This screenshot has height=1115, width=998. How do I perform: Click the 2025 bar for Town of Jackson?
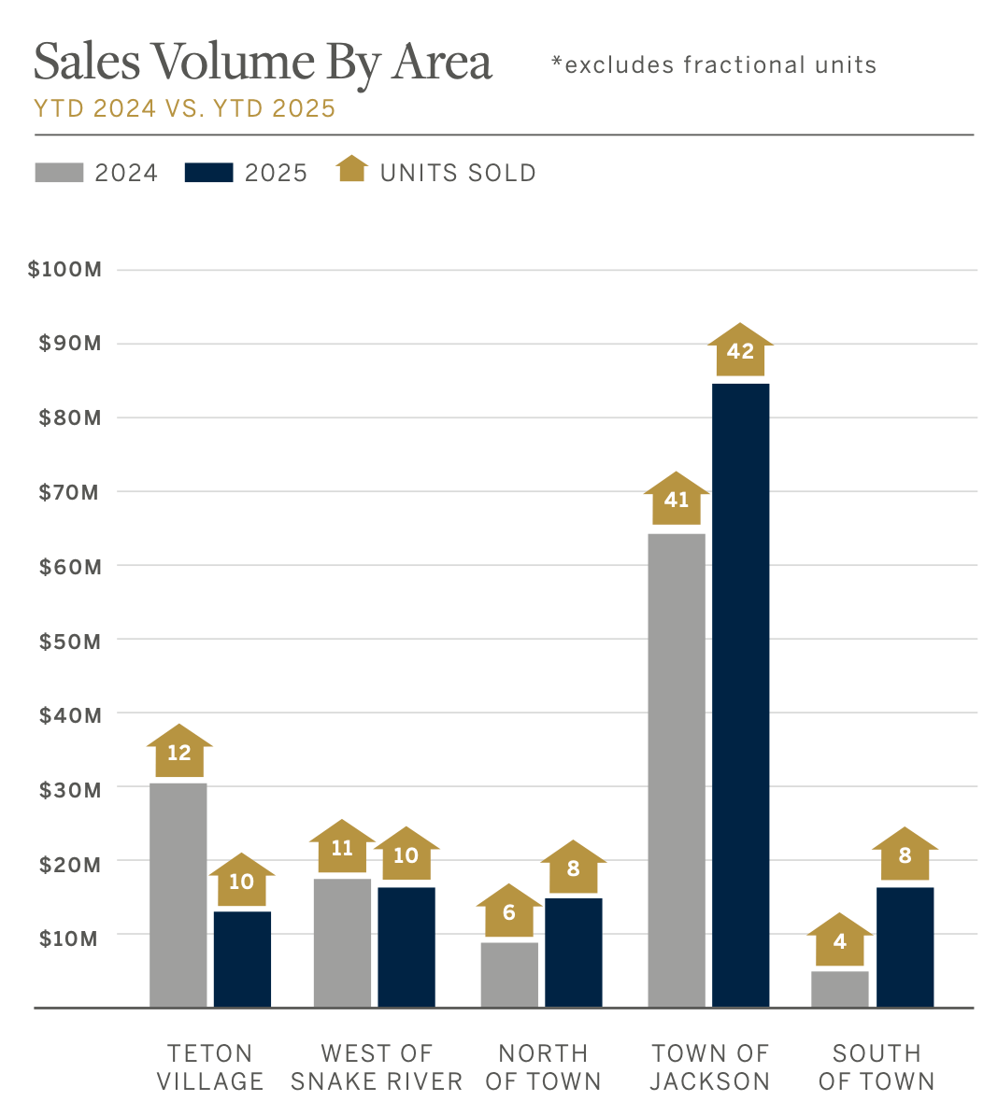pyautogui.click(x=740, y=695)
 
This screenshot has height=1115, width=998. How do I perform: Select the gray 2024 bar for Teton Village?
pyautogui.click(x=178, y=895)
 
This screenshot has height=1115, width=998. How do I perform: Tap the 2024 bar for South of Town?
pyautogui.click(x=839, y=989)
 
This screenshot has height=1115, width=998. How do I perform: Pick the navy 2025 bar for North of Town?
pyautogui.click(x=573, y=952)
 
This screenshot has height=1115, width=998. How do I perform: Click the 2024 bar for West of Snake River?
pyautogui.click(x=342, y=942)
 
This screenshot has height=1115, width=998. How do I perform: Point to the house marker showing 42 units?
pyautogui.click(x=740, y=350)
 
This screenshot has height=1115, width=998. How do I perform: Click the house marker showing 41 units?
pyautogui.click(x=676, y=500)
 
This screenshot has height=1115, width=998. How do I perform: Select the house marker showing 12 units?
pyautogui.click(x=178, y=752)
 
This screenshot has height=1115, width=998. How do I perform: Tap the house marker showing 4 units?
pyautogui.click(x=839, y=940)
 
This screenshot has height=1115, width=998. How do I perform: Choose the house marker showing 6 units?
pyautogui.click(x=508, y=911)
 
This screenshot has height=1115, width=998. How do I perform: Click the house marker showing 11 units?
pyautogui.click(x=342, y=847)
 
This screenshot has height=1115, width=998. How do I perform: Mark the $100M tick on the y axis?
pyautogui.click(x=64, y=270)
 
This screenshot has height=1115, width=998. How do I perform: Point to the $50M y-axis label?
pyautogui.click(x=69, y=642)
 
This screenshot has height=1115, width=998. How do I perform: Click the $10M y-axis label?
pyautogui.click(x=68, y=938)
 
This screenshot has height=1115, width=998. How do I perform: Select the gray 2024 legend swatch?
pyautogui.click(x=59, y=173)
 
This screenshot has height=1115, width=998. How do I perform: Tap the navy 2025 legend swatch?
pyautogui.click(x=208, y=173)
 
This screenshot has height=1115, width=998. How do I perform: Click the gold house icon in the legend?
pyautogui.click(x=352, y=169)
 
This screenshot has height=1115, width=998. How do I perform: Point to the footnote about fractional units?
pyautogui.click(x=714, y=64)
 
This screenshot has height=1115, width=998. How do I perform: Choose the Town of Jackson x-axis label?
pyautogui.click(x=709, y=1066)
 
